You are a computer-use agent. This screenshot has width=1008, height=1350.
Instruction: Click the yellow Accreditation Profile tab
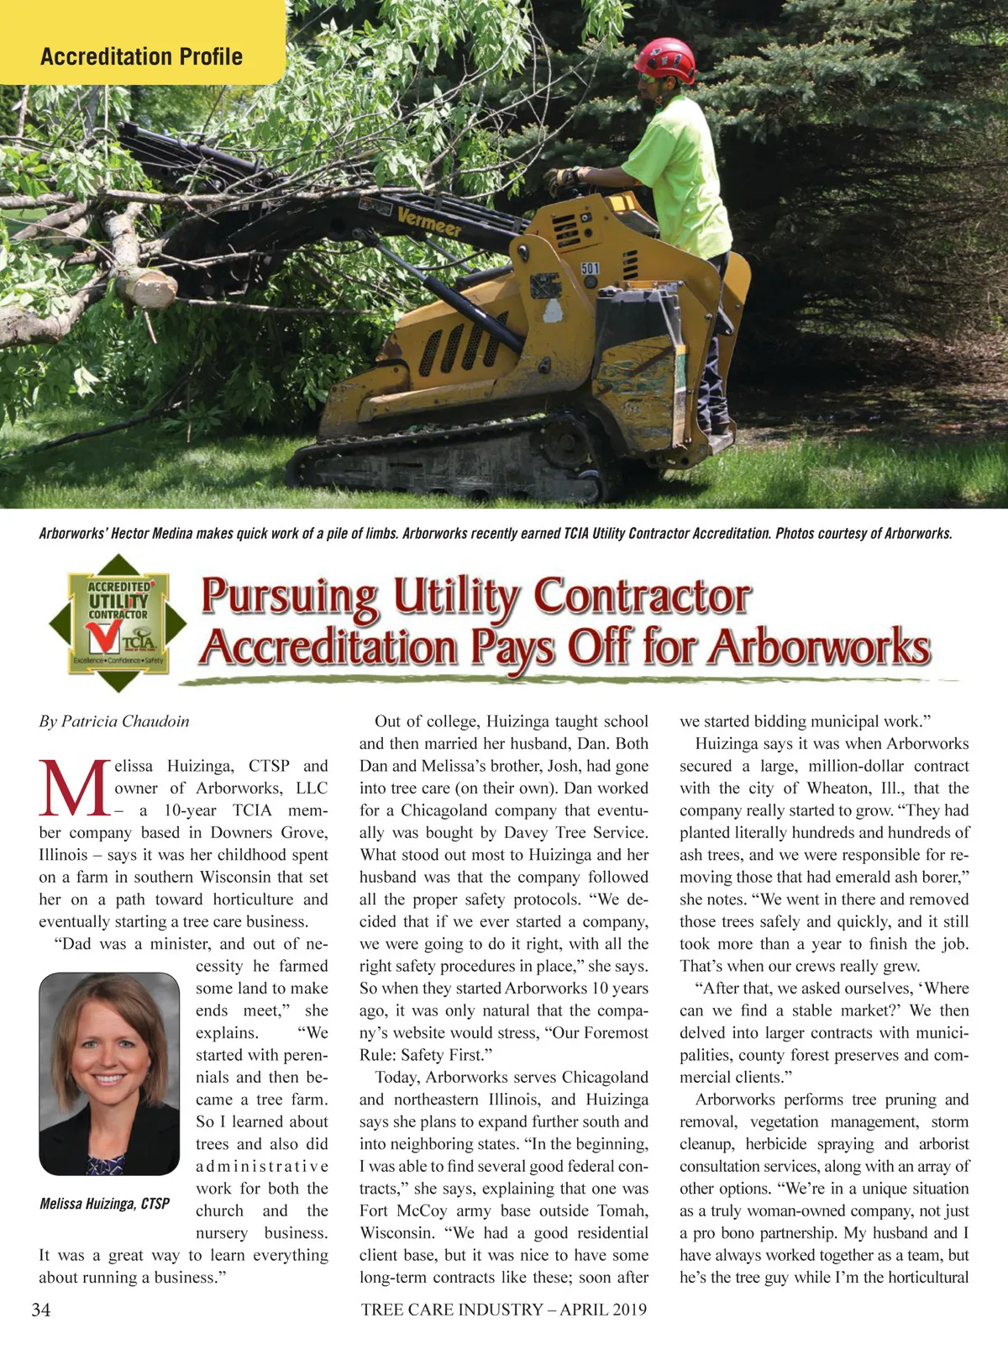click(x=141, y=56)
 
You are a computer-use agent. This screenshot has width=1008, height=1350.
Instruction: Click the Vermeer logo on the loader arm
click(x=429, y=222)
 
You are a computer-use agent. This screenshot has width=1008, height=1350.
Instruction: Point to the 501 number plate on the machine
click(x=591, y=268)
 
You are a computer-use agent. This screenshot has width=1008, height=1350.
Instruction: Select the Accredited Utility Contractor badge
click(x=118, y=623)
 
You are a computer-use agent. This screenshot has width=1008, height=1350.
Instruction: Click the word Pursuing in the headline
click(x=290, y=598)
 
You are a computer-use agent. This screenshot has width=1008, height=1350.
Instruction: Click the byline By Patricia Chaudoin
click(x=114, y=721)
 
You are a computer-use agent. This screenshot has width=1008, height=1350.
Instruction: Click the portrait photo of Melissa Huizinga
click(x=109, y=1073)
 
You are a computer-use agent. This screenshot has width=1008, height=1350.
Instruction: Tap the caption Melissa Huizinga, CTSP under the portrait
click(x=104, y=1204)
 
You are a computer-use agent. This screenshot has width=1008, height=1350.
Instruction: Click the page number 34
click(x=40, y=1310)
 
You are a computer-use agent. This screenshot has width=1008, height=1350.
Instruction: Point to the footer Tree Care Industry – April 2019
click(x=504, y=1309)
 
